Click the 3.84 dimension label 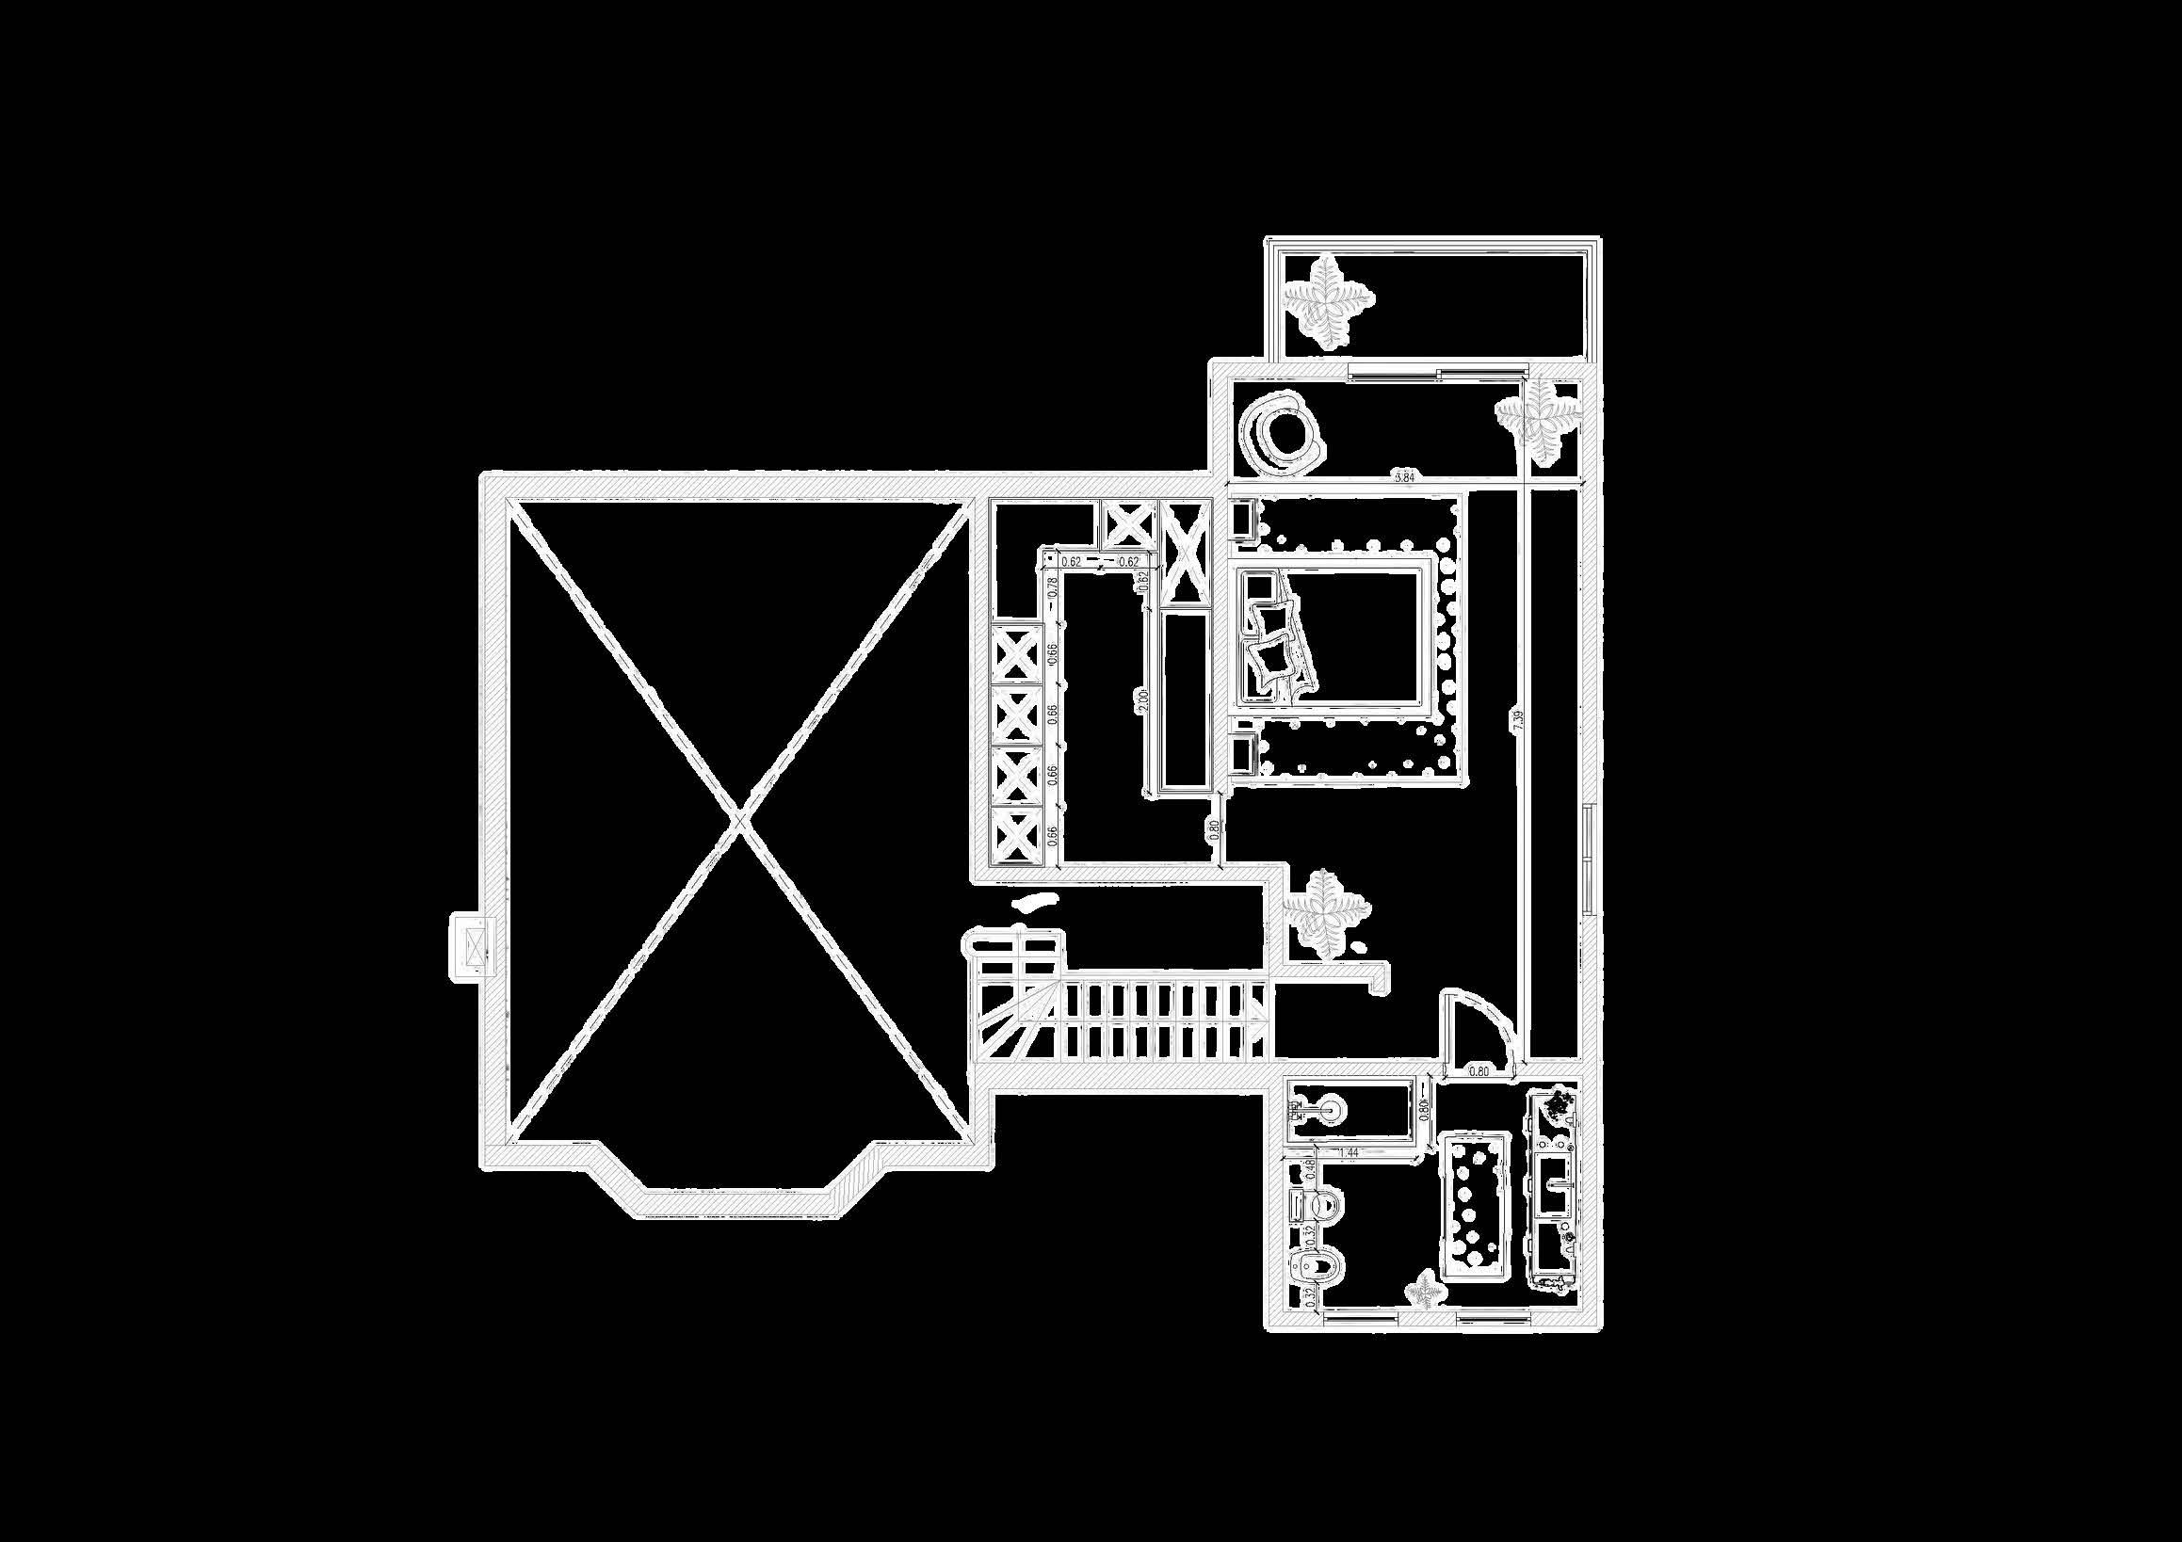pos(1404,478)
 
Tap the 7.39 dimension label pos(1518,719)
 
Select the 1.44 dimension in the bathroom pos(1347,1153)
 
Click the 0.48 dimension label pos(1311,1169)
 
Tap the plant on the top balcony pos(1328,298)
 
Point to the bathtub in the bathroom pos(1476,1207)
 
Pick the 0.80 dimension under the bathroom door pos(1479,1070)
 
